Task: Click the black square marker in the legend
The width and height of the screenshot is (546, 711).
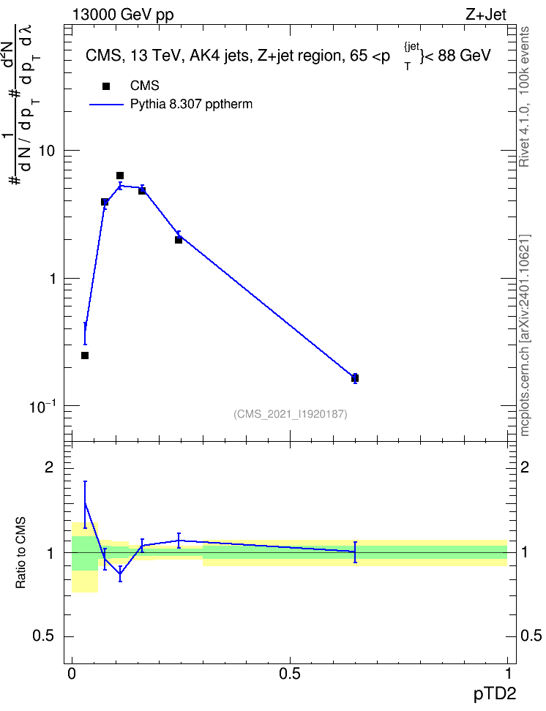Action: tap(105, 86)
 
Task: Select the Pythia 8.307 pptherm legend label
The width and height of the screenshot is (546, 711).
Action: tap(191, 105)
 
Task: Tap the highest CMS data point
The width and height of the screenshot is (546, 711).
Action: tap(120, 176)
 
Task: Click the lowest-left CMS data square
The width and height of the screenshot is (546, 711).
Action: tap(85, 355)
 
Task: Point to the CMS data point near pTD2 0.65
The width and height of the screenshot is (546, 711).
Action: tap(355, 377)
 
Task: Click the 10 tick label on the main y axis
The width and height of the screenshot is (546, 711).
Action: tap(46, 151)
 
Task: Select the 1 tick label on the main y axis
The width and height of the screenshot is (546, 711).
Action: tap(52, 279)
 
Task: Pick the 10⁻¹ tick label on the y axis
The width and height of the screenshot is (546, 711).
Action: tap(42, 406)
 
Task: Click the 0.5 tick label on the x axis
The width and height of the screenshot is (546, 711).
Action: tap(290, 674)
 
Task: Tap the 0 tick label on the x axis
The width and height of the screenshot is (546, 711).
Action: tap(72, 674)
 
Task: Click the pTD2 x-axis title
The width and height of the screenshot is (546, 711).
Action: tap(495, 694)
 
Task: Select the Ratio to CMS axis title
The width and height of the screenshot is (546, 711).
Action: tap(21, 553)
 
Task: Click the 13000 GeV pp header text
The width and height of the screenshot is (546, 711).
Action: tap(123, 15)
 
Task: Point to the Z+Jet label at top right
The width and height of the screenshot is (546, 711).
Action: tap(486, 15)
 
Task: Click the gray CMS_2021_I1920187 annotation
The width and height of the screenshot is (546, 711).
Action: tap(291, 414)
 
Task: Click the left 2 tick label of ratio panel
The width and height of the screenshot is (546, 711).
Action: tap(49, 467)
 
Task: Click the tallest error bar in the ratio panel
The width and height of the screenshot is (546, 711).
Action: tap(85, 505)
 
